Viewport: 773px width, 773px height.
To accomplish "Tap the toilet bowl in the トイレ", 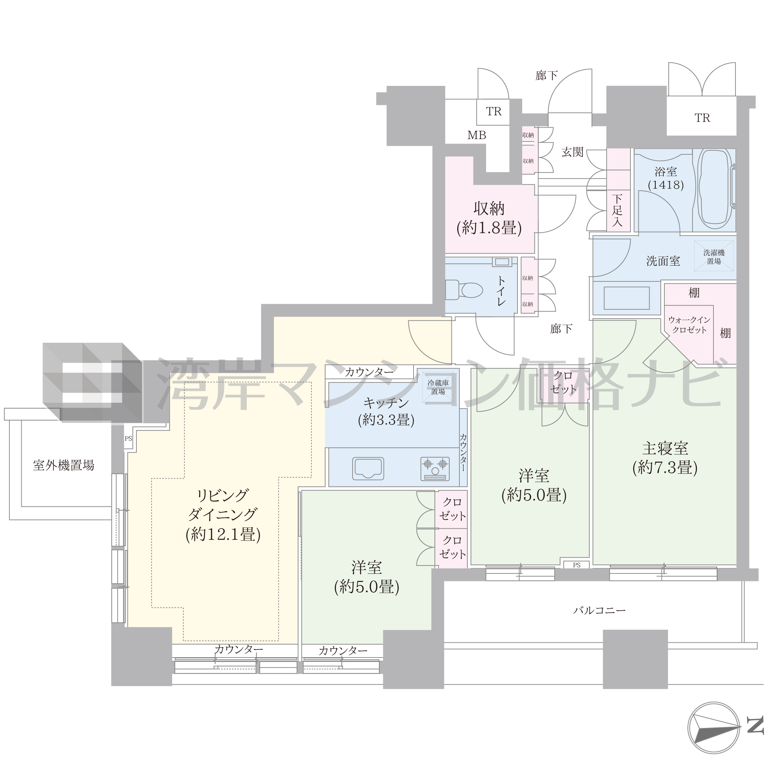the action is [x=464, y=290].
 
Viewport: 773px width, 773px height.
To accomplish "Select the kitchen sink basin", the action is [x=368, y=468].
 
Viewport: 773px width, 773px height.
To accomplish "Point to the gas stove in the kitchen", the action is [x=435, y=468].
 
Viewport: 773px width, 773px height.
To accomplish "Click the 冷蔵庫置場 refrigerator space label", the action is [x=438, y=387].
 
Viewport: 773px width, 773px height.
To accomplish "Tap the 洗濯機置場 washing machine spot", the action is [x=714, y=257].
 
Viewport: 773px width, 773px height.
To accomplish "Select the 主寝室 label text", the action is [x=665, y=449].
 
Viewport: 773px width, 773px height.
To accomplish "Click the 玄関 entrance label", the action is [x=573, y=152].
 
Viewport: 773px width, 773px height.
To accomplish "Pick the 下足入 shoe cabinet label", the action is [x=617, y=210].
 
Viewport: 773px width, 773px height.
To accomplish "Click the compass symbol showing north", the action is [x=713, y=728].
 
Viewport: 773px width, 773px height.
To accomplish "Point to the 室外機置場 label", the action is [x=64, y=465].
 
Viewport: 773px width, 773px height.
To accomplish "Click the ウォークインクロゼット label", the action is [x=689, y=324].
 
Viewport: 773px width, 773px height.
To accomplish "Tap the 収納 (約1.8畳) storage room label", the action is [x=489, y=218].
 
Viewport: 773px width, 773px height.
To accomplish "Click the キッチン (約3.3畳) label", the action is [x=386, y=411].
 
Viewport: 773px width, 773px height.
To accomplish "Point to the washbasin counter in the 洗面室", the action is [x=626, y=298].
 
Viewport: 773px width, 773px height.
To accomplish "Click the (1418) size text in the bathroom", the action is [x=666, y=185].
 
